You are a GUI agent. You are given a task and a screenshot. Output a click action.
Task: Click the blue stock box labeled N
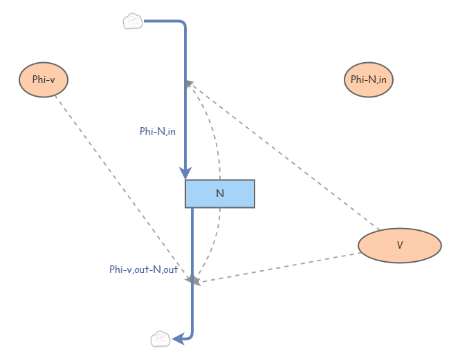[x=220, y=193]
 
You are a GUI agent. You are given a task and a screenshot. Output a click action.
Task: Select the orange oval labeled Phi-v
[x=44, y=79]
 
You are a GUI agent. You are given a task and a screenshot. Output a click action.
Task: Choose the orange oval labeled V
[x=399, y=245]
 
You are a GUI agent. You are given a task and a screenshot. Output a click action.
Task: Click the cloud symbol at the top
[x=133, y=22]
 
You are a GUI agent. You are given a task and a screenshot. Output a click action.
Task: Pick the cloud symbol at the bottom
[x=160, y=339]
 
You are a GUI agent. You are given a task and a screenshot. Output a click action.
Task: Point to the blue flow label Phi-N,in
[x=158, y=131]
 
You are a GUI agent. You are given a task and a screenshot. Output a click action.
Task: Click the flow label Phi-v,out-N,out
[x=143, y=269]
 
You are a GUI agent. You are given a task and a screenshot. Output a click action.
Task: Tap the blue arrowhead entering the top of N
[x=185, y=173]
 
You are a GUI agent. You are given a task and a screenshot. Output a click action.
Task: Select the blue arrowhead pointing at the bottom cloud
[x=178, y=339]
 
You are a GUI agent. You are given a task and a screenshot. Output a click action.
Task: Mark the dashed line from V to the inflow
[x=284, y=156]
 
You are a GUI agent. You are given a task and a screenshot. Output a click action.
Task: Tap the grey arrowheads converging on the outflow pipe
[x=194, y=280]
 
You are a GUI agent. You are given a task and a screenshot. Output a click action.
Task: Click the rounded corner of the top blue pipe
[x=183, y=25]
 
